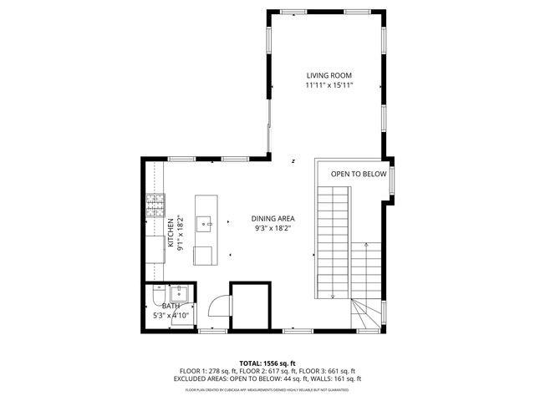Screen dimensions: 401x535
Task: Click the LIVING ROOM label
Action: [x=329, y=75]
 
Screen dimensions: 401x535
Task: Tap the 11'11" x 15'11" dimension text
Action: [x=329, y=85]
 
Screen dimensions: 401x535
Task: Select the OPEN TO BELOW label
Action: [x=359, y=174]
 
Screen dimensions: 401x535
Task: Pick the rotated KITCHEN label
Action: [x=171, y=232]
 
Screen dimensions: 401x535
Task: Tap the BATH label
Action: [x=171, y=306]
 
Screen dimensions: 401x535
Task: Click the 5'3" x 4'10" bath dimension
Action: [x=171, y=316]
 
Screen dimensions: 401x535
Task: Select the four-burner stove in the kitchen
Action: [x=155, y=206]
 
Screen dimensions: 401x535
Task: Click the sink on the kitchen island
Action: [x=206, y=223]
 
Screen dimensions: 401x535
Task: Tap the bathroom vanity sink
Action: [x=179, y=294]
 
